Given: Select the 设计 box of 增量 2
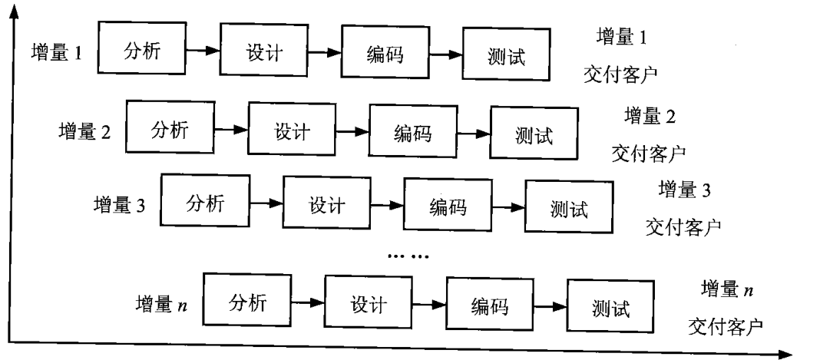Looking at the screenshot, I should point(292,131).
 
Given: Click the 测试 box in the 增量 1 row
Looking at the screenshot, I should point(508,57).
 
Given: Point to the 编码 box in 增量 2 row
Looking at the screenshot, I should point(412,134).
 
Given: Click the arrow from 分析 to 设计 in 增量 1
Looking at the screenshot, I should point(202,52).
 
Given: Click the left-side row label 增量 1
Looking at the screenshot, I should point(57,54).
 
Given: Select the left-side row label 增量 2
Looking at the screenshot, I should point(85,131).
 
